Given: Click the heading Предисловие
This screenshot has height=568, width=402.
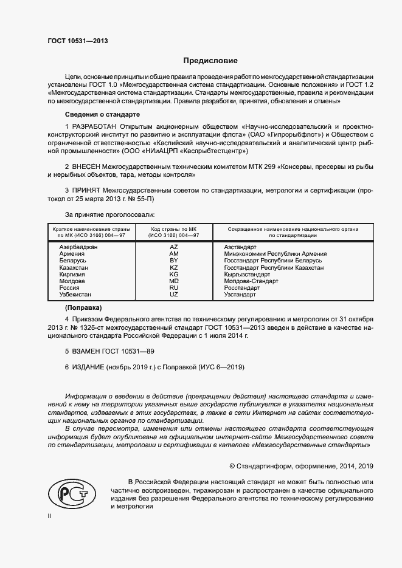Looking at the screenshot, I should [211, 61].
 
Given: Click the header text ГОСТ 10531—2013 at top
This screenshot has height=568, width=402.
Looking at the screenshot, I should [78, 41].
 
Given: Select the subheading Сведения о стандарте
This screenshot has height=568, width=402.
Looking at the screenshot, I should [102, 115].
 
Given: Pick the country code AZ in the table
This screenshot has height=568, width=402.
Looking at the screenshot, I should [174, 247].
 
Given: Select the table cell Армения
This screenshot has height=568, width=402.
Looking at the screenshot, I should [72, 254].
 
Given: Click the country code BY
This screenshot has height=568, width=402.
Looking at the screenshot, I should [174, 261].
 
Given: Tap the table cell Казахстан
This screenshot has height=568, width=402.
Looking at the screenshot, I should [74, 267].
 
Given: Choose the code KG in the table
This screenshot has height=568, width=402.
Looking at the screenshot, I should [174, 274].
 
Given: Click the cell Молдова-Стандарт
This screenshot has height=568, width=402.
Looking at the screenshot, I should [251, 281].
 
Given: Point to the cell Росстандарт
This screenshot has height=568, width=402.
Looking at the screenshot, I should [241, 287].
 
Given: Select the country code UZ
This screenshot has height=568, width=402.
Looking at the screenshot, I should [174, 294].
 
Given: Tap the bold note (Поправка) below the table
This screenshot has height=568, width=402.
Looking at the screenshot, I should [83, 307].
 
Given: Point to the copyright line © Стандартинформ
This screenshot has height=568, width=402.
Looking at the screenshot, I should [300, 466].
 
